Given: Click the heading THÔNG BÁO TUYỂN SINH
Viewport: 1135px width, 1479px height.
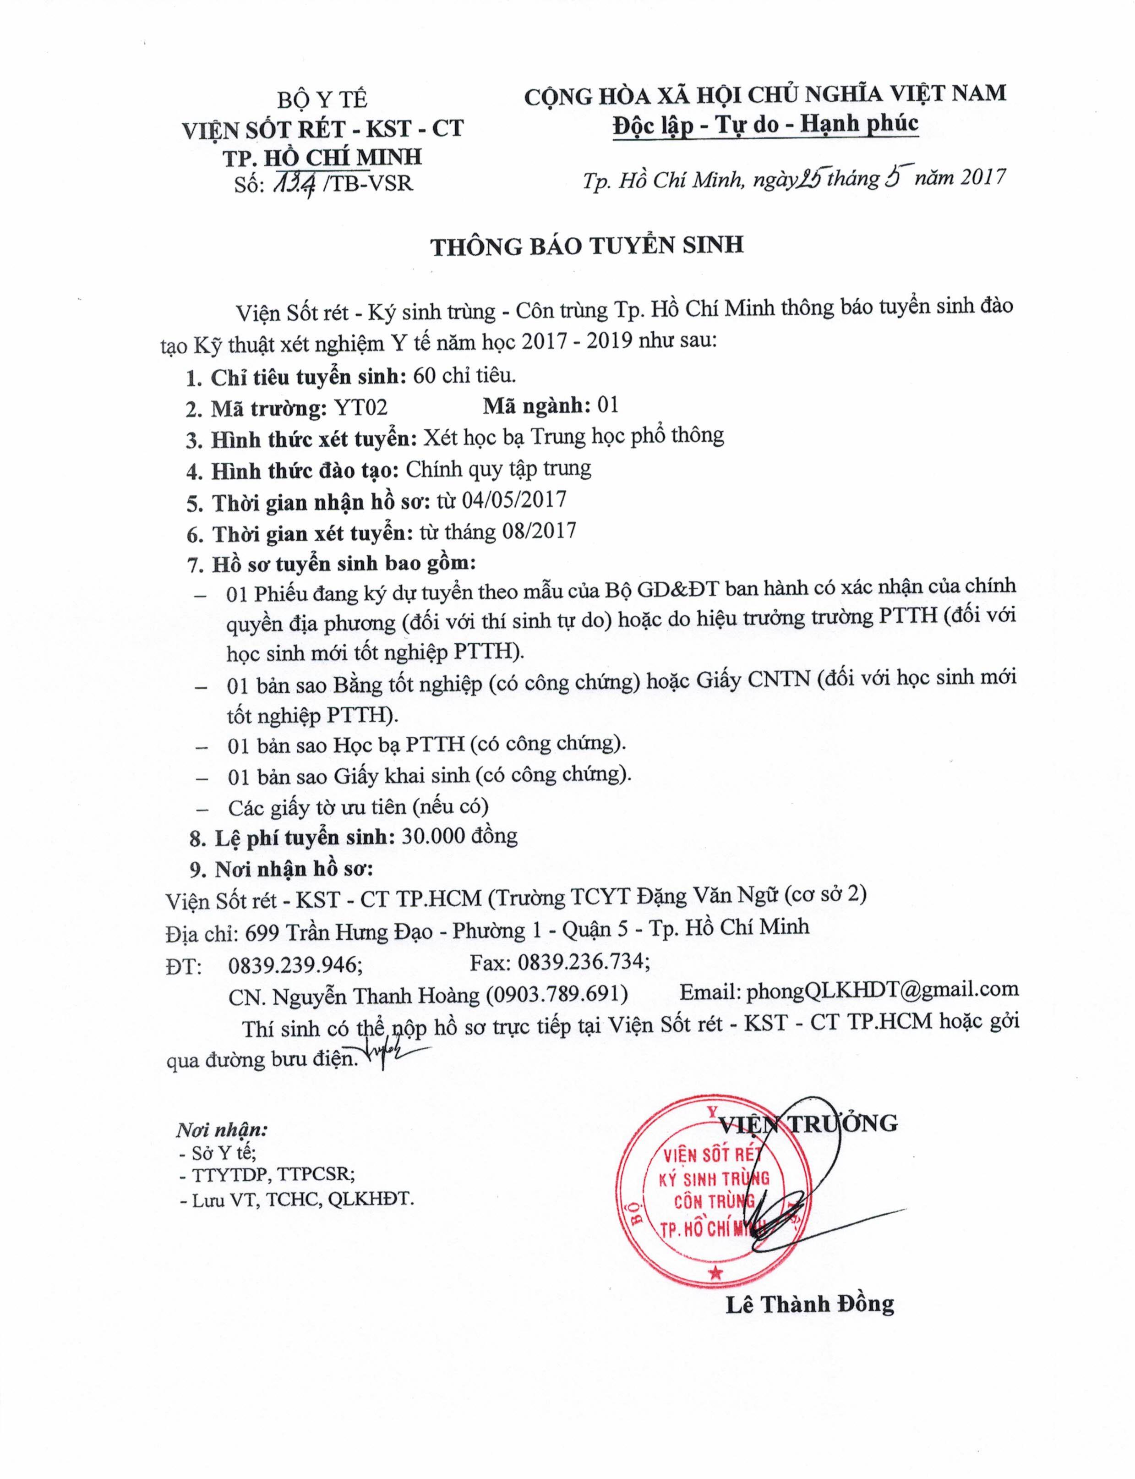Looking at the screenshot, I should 587,245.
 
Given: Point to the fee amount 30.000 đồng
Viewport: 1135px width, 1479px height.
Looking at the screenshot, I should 459,837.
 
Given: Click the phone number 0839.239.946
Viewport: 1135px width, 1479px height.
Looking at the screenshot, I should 293,965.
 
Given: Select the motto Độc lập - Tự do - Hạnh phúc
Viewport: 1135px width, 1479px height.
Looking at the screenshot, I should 765,124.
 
